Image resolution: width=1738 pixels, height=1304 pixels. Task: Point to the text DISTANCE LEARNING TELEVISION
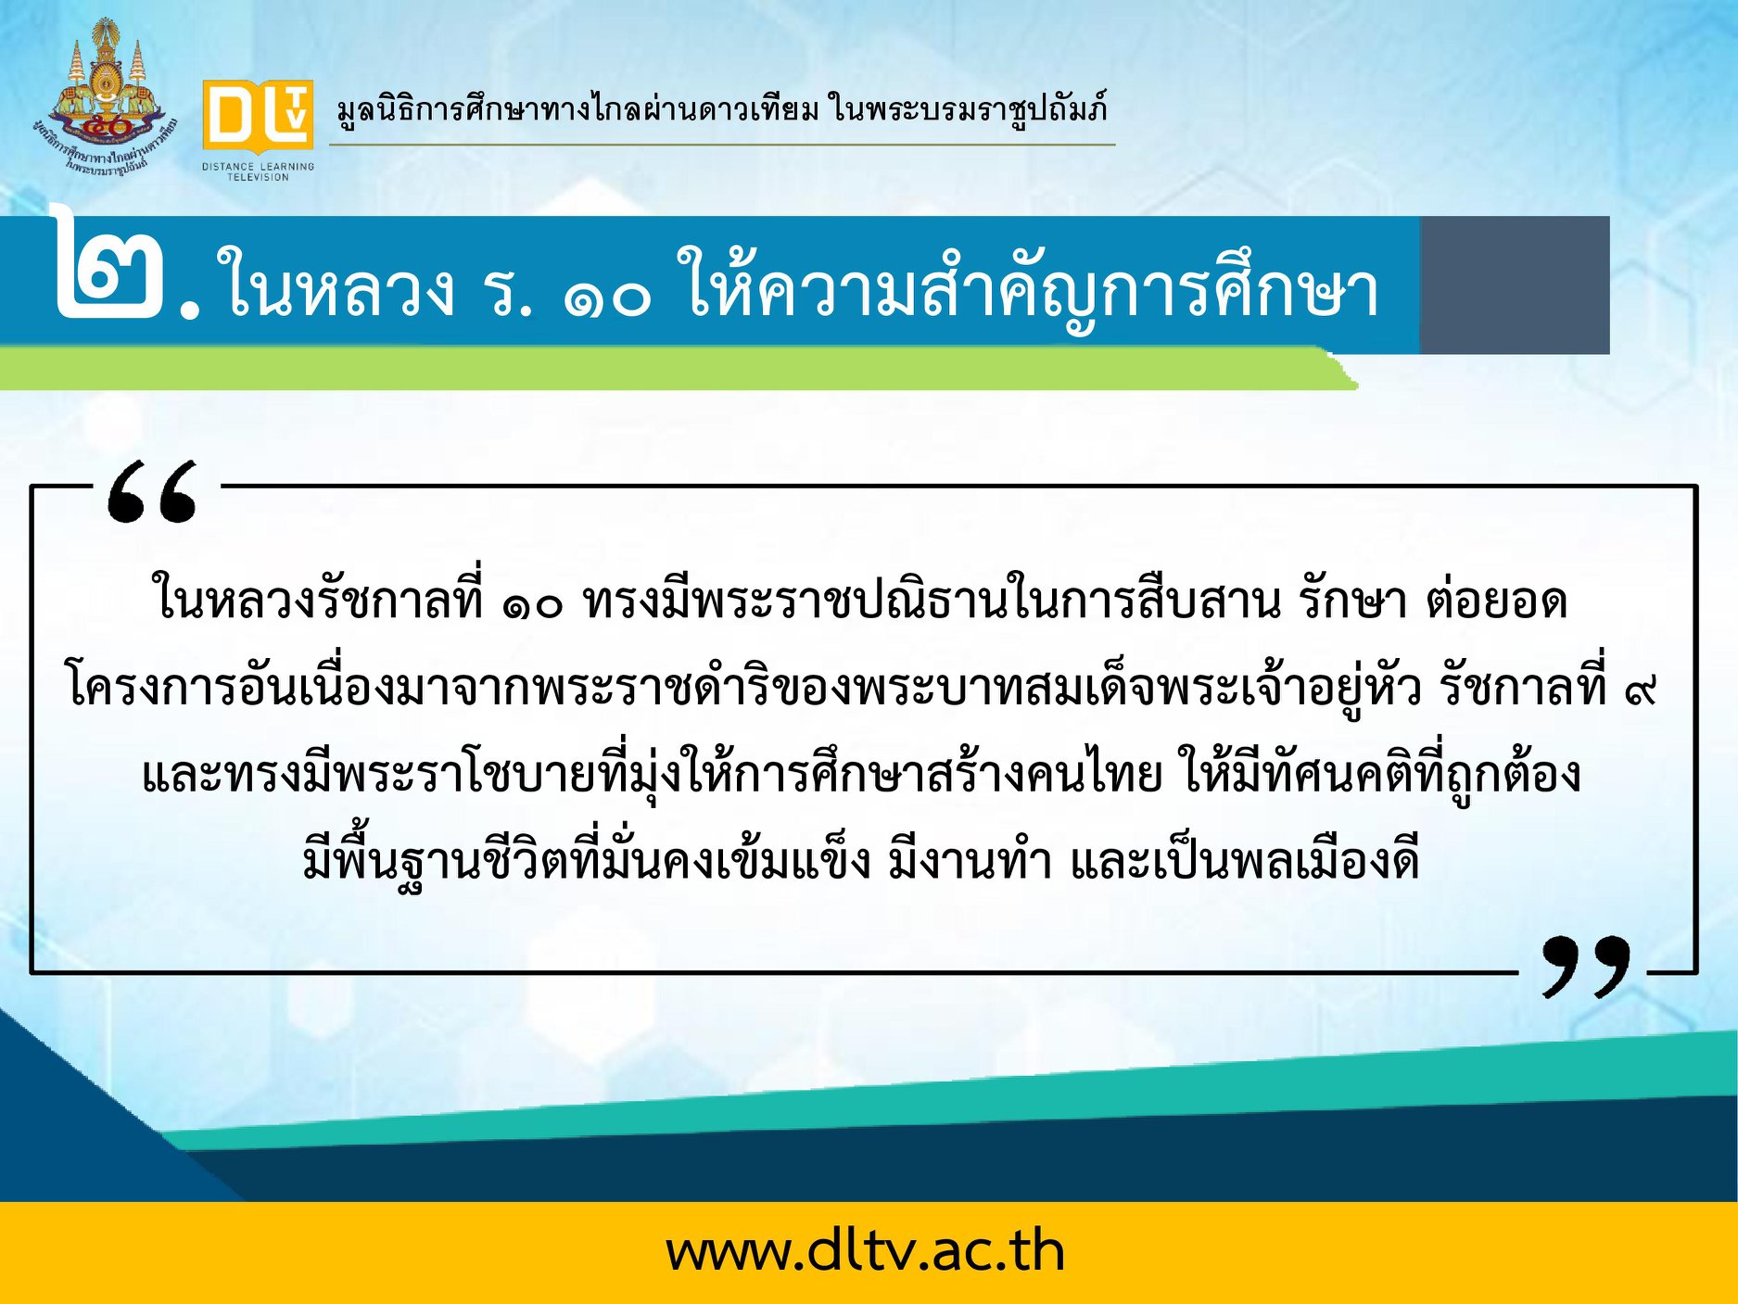click(258, 171)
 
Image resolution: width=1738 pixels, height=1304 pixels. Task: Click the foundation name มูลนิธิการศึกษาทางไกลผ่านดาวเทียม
click(577, 109)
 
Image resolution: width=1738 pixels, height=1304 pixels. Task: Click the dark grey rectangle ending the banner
click(1515, 285)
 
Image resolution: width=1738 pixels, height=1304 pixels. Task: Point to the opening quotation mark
click(152, 491)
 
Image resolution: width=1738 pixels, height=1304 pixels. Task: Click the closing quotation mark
click(1586, 966)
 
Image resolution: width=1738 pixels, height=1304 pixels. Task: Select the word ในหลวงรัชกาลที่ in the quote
click(317, 599)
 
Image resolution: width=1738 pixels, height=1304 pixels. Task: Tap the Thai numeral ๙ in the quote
click(1641, 690)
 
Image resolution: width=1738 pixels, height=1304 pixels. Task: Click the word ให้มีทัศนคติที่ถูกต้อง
click(1380, 773)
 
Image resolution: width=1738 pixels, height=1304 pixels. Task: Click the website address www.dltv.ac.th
click(866, 1251)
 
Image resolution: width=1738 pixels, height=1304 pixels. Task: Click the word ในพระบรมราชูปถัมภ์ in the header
click(969, 109)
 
